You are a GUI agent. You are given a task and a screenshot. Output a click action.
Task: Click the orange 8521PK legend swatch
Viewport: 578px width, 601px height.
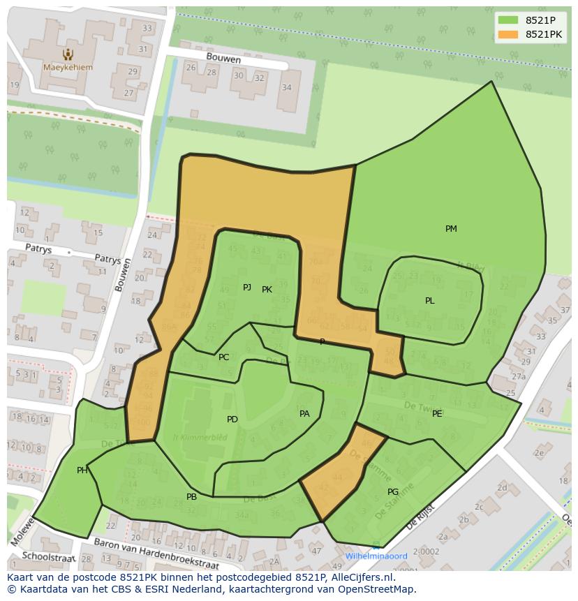point(508,34)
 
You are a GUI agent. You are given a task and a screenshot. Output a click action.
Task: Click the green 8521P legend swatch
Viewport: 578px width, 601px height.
point(508,20)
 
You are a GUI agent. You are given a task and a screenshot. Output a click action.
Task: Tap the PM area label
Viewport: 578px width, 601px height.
point(451,229)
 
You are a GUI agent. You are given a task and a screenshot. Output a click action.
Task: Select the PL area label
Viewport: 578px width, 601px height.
point(430,301)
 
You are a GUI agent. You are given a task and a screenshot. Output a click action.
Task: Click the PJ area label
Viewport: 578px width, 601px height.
point(247,287)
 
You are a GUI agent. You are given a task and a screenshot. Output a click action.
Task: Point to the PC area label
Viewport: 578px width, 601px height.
point(223,357)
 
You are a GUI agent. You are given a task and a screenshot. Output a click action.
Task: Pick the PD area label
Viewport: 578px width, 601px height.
point(232,420)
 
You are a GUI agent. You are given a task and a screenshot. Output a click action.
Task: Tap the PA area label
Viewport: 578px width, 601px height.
point(304,414)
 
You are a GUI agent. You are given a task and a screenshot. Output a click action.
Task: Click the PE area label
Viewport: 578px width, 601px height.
point(437,414)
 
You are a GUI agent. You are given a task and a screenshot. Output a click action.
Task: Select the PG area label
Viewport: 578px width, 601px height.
point(393,492)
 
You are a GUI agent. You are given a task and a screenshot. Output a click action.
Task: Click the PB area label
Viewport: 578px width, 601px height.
point(191,497)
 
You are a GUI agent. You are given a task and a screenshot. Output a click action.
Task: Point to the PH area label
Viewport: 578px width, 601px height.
point(82,470)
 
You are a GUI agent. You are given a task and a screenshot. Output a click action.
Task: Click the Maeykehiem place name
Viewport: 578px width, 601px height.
point(67,68)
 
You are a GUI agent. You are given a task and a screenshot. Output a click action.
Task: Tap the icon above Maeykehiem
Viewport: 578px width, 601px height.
point(68,54)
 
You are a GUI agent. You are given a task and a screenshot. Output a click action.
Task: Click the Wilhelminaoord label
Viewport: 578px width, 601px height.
point(376,556)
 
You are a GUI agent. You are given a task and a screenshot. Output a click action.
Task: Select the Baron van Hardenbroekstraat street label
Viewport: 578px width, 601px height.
point(156,554)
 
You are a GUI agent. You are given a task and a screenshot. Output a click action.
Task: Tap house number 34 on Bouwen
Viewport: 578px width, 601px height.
point(287,87)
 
